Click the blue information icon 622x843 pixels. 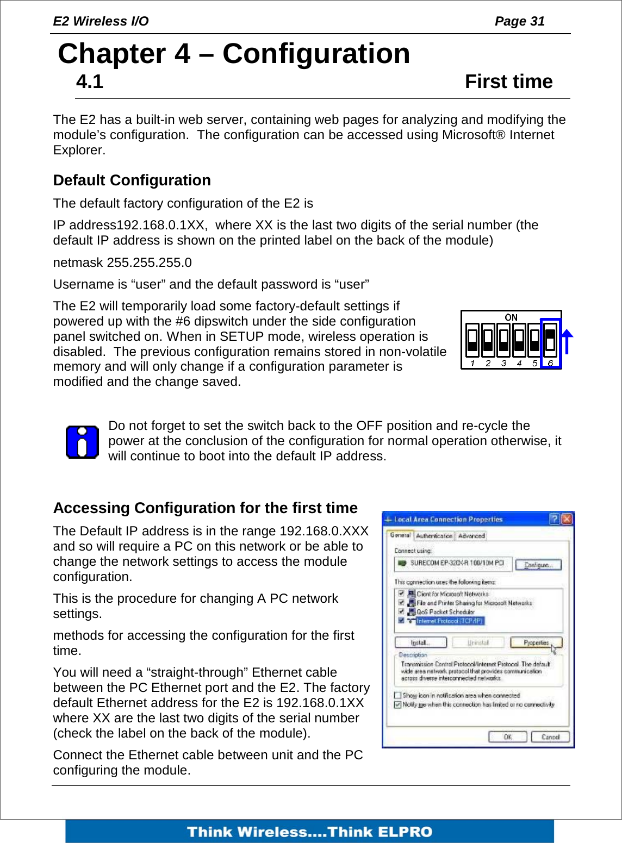[x=82, y=442]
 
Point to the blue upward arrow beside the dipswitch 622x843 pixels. [x=567, y=341]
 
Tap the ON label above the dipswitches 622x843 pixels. [x=511, y=317]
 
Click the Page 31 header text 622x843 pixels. [x=519, y=21]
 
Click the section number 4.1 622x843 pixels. [x=90, y=82]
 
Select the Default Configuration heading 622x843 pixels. [x=132, y=180]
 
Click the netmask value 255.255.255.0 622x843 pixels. [x=149, y=263]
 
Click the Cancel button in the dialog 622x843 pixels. [x=550, y=737]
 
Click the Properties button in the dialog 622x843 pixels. [x=536, y=642]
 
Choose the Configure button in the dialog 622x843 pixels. [x=537, y=565]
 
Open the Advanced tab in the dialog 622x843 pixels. [x=471, y=535]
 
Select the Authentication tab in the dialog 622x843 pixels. [x=434, y=535]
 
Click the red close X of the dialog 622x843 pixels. [x=567, y=519]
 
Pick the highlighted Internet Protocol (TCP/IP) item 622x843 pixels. [x=449, y=621]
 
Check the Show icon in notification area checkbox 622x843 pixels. [x=397, y=695]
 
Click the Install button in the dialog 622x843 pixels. [x=420, y=642]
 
